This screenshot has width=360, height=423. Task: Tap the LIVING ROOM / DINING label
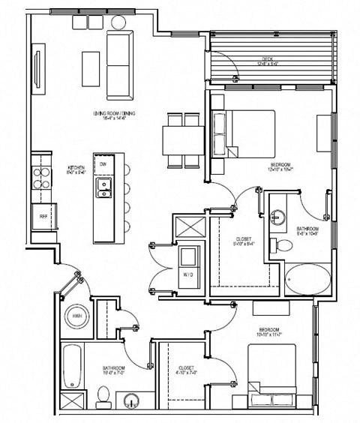point(115,114)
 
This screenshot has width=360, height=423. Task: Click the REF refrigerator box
point(43,216)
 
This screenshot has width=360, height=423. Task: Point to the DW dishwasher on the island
point(103,164)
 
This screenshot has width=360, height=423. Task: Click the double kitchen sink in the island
point(103,187)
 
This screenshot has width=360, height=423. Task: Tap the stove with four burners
point(40,180)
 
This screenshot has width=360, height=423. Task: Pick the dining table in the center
point(183,140)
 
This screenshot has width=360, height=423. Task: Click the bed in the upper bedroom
point(244,133)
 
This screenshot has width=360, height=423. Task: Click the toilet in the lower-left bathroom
point(103,397)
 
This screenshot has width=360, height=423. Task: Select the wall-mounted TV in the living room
point(37,67)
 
